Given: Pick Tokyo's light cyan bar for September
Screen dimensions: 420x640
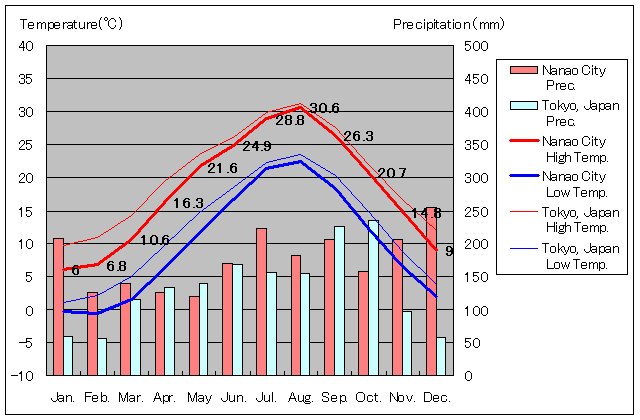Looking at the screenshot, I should pos(340,301).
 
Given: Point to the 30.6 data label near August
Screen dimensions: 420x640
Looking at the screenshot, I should pos(324,109).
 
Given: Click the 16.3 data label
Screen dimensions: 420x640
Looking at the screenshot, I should pos(188,203).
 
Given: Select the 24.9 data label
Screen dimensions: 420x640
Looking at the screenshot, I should pos(256,146).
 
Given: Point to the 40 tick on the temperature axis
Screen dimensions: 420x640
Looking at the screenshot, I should pos(26,46).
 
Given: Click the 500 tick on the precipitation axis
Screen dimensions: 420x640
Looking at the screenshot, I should pos(477,46).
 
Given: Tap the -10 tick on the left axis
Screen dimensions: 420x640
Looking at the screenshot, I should pos(23,375).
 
